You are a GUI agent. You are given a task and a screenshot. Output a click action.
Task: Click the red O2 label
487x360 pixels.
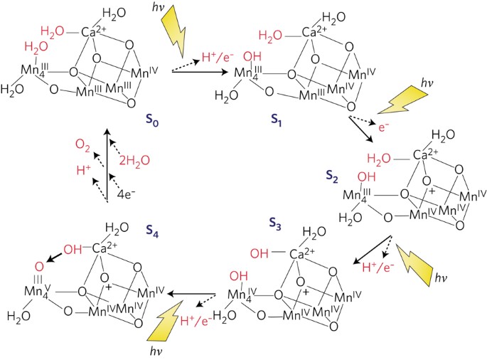[x=84, y=146]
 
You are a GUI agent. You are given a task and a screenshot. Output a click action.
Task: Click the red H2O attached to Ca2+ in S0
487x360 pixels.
[x=55, y=31]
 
